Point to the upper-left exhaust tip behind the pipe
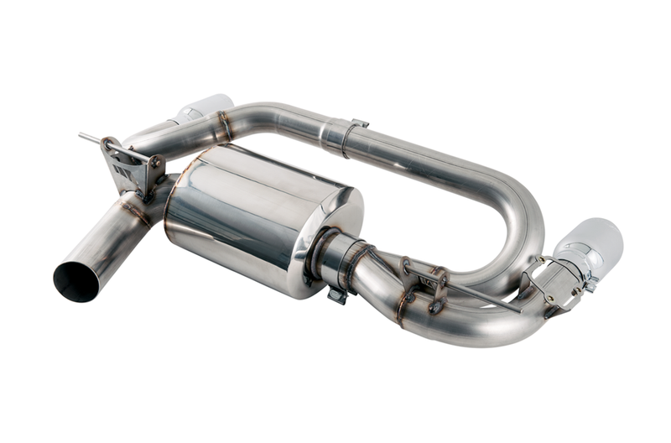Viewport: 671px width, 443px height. pyautogui.click(x=205, y=108)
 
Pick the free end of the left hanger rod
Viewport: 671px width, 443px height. pyautogui.click(x=83, y=135)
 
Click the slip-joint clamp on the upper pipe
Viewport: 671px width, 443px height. pyautogui.click(x=343, y=137)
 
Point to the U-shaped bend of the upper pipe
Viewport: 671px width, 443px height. pyautogui.click(x=520, y=210)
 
